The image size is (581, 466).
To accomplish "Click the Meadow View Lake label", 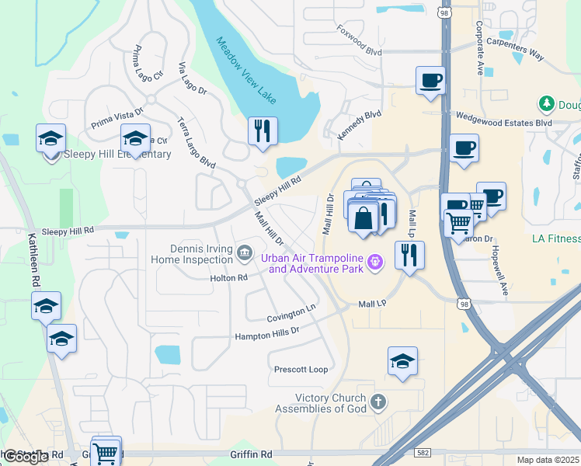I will tap(246, 71).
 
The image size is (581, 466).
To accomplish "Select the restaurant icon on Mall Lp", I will tap(409, 255).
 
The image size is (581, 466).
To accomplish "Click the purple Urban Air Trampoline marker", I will tap(376, 263).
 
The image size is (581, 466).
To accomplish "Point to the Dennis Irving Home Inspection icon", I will tap(244, 252).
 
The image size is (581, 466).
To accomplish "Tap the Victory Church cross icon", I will tap(377, 402).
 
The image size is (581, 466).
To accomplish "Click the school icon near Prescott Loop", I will tap(402, 361).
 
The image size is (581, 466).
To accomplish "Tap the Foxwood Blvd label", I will tap(360, 39).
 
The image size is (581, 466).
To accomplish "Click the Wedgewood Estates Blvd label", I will tap(503, 123).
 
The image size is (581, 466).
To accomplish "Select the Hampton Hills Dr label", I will tap(267, 334).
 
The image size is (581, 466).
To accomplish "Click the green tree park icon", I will tap(547, 104).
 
